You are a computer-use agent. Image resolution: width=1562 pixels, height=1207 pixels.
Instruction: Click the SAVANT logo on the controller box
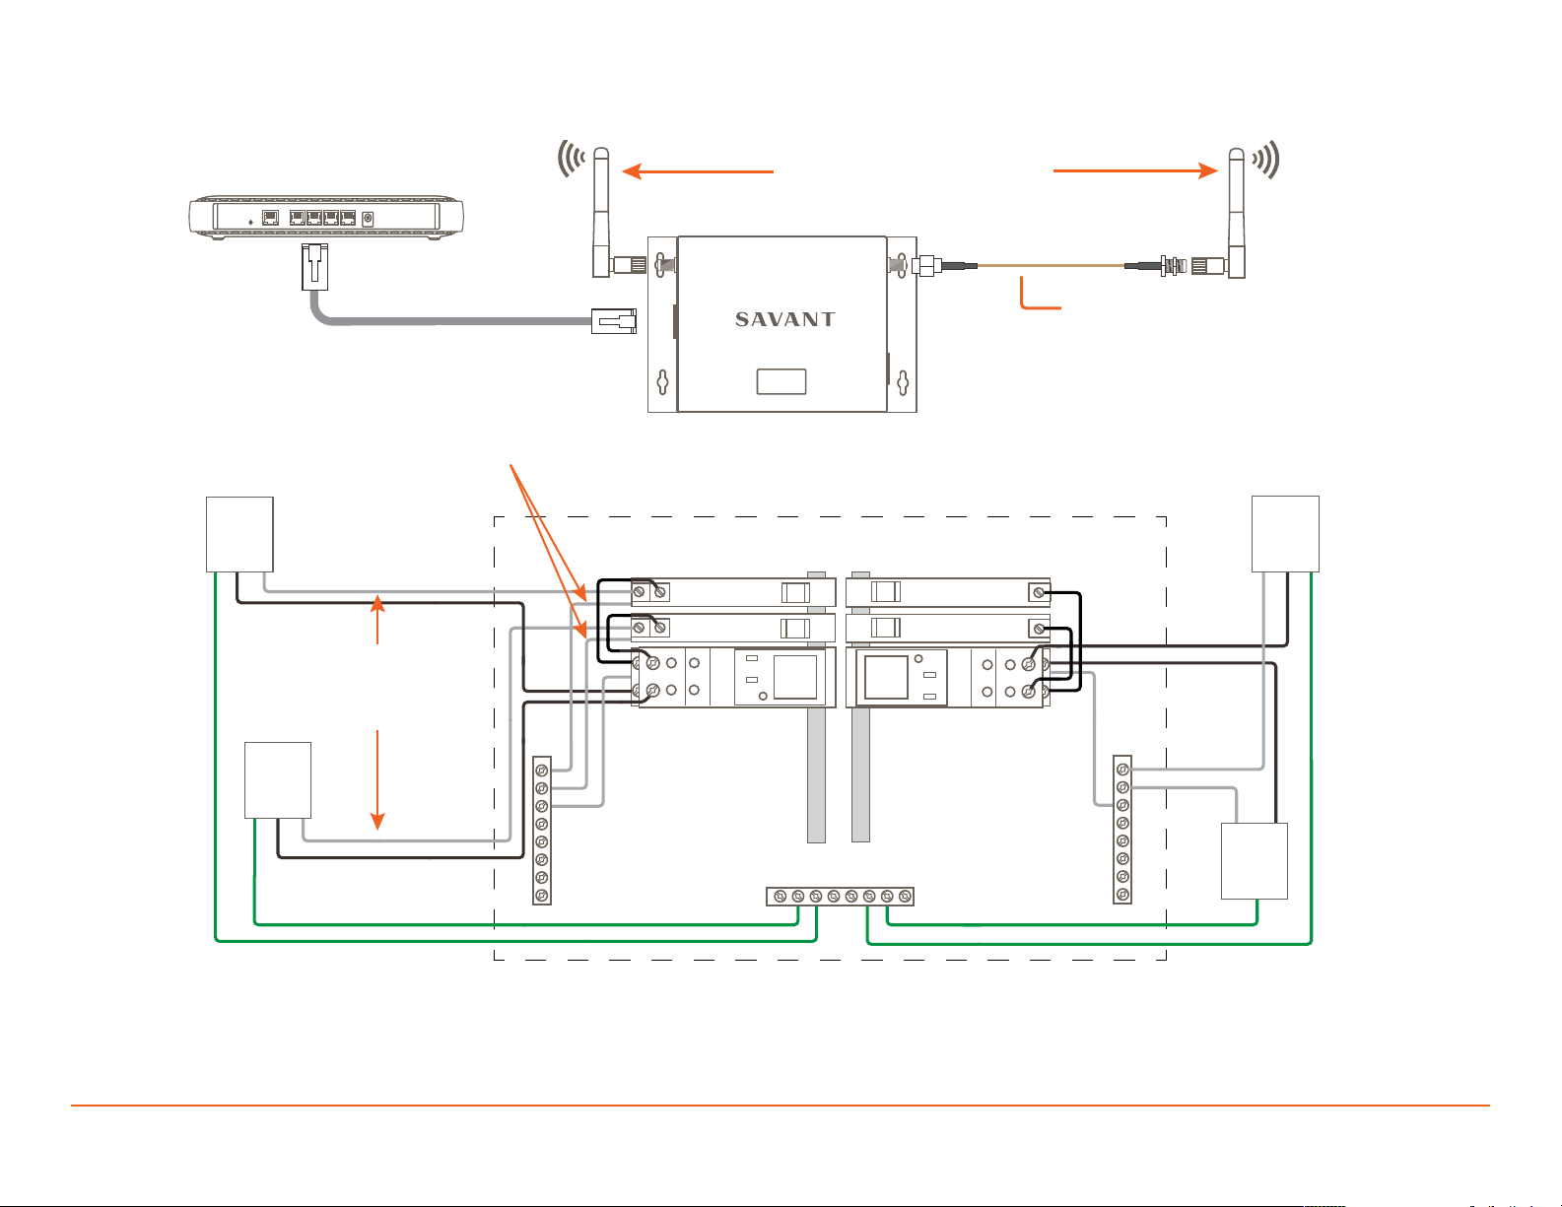(784, 319)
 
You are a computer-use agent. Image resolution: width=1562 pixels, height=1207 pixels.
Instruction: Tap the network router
(326, 217)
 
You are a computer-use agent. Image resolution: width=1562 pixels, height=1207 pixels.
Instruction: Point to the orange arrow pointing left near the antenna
(698, 171)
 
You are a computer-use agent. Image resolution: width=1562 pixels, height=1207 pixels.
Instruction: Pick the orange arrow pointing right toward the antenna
(1135, 171)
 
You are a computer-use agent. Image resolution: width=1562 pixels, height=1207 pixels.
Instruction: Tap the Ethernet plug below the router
(314, 267)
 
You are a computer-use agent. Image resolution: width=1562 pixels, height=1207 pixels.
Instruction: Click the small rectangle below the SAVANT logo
(781, 381)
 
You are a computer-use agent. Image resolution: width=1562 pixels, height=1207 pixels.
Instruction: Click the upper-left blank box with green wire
(239, 534)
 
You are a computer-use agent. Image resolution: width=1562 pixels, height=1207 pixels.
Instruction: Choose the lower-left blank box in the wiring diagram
(278, 780)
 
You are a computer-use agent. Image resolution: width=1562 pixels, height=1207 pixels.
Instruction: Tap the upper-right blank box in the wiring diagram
(1285, 534)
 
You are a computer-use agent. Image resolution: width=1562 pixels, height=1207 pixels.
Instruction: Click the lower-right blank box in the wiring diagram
(1255, 861)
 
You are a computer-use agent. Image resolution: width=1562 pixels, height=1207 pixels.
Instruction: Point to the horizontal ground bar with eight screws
(841, 896)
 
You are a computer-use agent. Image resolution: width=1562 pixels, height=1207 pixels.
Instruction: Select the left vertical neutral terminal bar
(542, 831)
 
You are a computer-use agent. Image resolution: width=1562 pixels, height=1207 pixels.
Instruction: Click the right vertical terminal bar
(1122, 830)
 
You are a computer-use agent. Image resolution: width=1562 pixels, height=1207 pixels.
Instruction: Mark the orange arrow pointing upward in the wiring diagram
(377, 620)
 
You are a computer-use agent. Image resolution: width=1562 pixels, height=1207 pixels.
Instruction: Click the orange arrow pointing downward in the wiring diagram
(377, 780)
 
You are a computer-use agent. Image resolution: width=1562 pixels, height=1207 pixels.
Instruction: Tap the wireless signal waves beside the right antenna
(1266, 160)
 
